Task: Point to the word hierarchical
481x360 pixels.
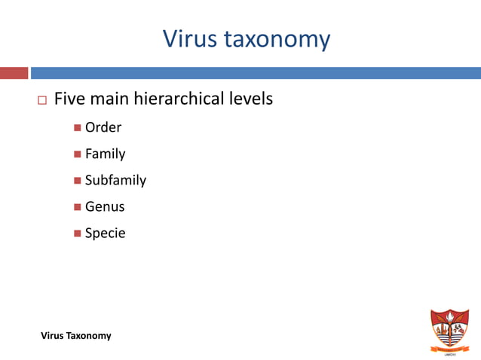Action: tap(179, 99)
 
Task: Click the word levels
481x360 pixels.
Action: tap(250, 99)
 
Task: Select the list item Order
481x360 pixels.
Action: tap(103, 127)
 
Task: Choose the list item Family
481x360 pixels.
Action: tap(105, 154)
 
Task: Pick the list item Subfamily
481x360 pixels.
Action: tap(115, 180)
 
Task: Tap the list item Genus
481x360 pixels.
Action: tap(105, 206)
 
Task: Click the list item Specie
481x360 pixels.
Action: tap(105, 233)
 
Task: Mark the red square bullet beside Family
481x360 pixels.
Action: tap(78, 154)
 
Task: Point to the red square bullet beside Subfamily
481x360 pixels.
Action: tap(78, 181)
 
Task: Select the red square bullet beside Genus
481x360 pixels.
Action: tap(78, 207)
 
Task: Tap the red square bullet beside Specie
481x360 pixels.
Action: tap(78, 233)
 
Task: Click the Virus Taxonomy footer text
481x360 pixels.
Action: tap(75, 336)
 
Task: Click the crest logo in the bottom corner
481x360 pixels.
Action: tap(449, 328)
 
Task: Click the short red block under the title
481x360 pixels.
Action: tap(14, 73)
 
